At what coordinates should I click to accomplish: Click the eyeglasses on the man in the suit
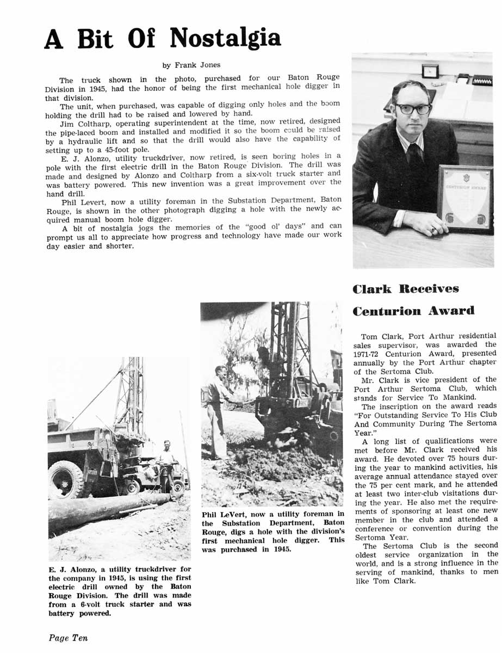click(413, 108)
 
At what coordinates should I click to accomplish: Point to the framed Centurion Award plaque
click(464, 199)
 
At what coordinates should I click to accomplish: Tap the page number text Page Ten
click(68, 638)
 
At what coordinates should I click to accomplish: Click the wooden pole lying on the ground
click(109, 506)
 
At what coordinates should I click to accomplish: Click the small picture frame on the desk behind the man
click(430, 70)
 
